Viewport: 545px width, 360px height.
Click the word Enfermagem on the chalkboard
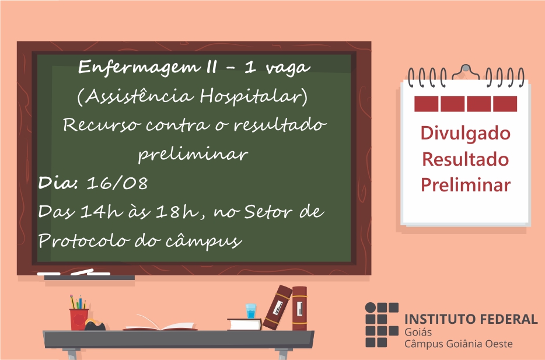139,67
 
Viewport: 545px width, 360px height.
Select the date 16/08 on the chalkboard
117,183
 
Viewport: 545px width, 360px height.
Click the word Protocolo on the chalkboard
84,240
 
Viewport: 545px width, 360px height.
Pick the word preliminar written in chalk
193,154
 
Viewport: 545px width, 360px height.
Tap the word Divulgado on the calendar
466,134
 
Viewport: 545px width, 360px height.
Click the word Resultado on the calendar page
466,159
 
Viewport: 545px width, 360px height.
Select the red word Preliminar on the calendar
466,184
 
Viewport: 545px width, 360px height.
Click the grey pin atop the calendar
466,68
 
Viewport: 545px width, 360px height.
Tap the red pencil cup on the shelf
79,319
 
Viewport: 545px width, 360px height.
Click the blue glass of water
251,311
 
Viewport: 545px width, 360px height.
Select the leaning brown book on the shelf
277,308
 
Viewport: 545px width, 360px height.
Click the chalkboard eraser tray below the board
89,277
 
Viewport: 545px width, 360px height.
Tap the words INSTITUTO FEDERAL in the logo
471,319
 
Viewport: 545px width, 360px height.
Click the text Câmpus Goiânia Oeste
458,344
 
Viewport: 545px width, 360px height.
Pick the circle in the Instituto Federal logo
371,308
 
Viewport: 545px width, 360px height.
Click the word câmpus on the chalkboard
204,241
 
